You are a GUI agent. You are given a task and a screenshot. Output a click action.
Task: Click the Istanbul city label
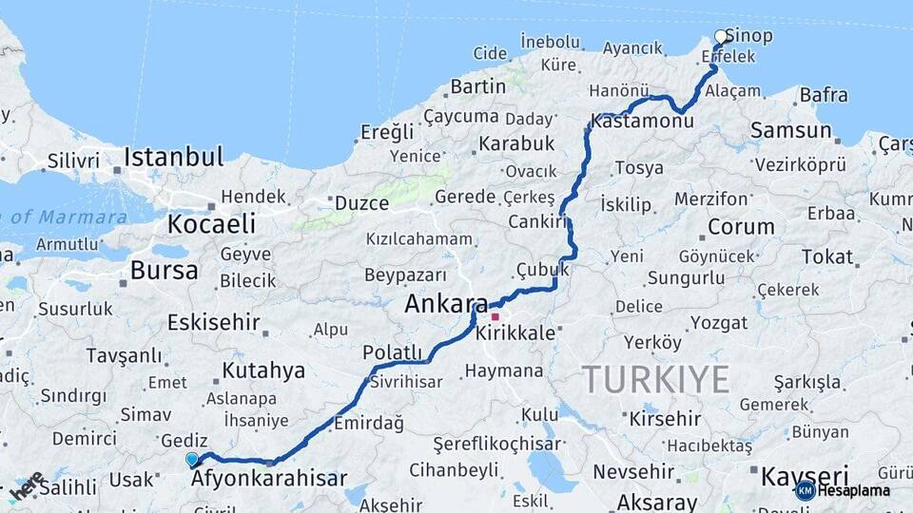click(x=173, y=157)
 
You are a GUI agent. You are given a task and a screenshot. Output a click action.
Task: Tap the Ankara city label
click(x=446, y=305)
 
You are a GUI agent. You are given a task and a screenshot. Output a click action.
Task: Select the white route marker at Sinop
click(x=720, y=37)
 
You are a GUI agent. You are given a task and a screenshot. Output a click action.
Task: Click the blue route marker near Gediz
click(x=192, y=460)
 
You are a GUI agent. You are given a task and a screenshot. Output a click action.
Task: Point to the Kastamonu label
click(x=641, y=122)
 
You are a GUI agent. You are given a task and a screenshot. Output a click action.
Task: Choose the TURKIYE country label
click(x=656, y=379)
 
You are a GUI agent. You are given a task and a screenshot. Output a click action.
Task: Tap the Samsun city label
click(x=790, y=131)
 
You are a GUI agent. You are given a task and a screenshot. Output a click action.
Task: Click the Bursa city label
click(x=165, y=271)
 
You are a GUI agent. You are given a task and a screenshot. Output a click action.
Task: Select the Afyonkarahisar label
click(x=269, y=479)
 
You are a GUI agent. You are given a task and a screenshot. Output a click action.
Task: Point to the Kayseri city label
click(x=805, y=475)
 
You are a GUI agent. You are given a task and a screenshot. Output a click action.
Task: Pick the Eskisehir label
click(x=214, y=323)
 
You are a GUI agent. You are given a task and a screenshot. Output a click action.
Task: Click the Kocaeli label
click(x=211, y=225)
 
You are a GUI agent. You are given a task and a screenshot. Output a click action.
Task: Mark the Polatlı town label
click(x=392, y=352)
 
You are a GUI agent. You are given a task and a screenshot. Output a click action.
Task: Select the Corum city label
click(x=741, y=227)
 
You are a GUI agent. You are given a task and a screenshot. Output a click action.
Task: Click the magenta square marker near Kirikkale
click(x=495, y=315)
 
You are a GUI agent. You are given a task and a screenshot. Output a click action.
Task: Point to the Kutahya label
click(x=263, y=370)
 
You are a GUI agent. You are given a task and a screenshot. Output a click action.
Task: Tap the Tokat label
click(x=826, y=256)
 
